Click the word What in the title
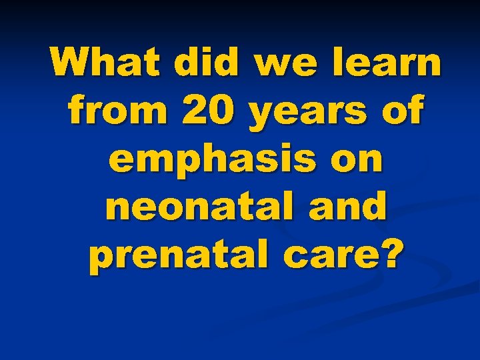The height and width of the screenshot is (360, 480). click(x=109, y=63)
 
